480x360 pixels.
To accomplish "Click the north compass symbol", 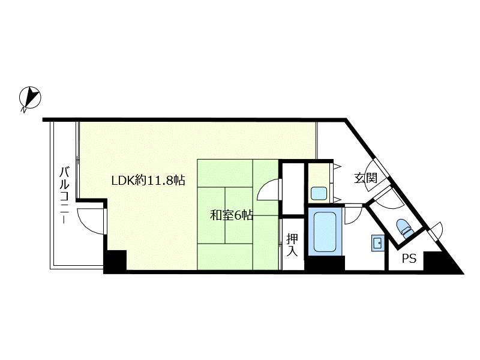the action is (x=30, y=98).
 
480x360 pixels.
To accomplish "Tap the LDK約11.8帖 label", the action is (x=148, y=181).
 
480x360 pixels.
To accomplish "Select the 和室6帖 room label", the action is (x=232, y=215).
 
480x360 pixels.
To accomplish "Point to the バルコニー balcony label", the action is (x=64, y=195).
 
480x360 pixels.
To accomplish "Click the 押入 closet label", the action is (x=292, y=245).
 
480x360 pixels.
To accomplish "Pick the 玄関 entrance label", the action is (x=365, y=178).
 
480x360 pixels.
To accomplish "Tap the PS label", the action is (x=409, y=259).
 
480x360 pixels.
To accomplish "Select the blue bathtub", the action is (x=325, y=232).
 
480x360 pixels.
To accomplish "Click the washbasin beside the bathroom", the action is (x=379, y=243).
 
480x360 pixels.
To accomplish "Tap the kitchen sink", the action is (x=319, y=193).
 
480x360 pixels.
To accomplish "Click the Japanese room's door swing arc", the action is (x=267, y=190).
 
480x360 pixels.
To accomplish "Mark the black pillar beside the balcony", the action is (x=115, y=260).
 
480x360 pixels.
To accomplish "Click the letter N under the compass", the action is (x=23, y=109).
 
